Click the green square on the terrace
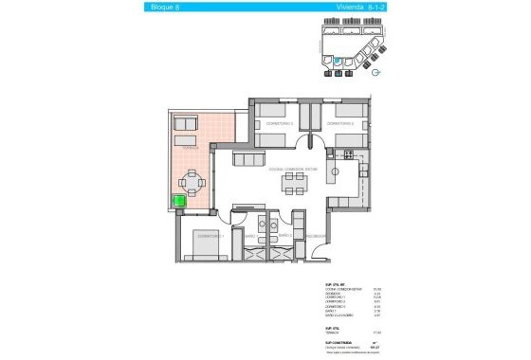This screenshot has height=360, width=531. (x=177, y=200)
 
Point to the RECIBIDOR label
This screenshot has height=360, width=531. (x=316, y=237)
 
